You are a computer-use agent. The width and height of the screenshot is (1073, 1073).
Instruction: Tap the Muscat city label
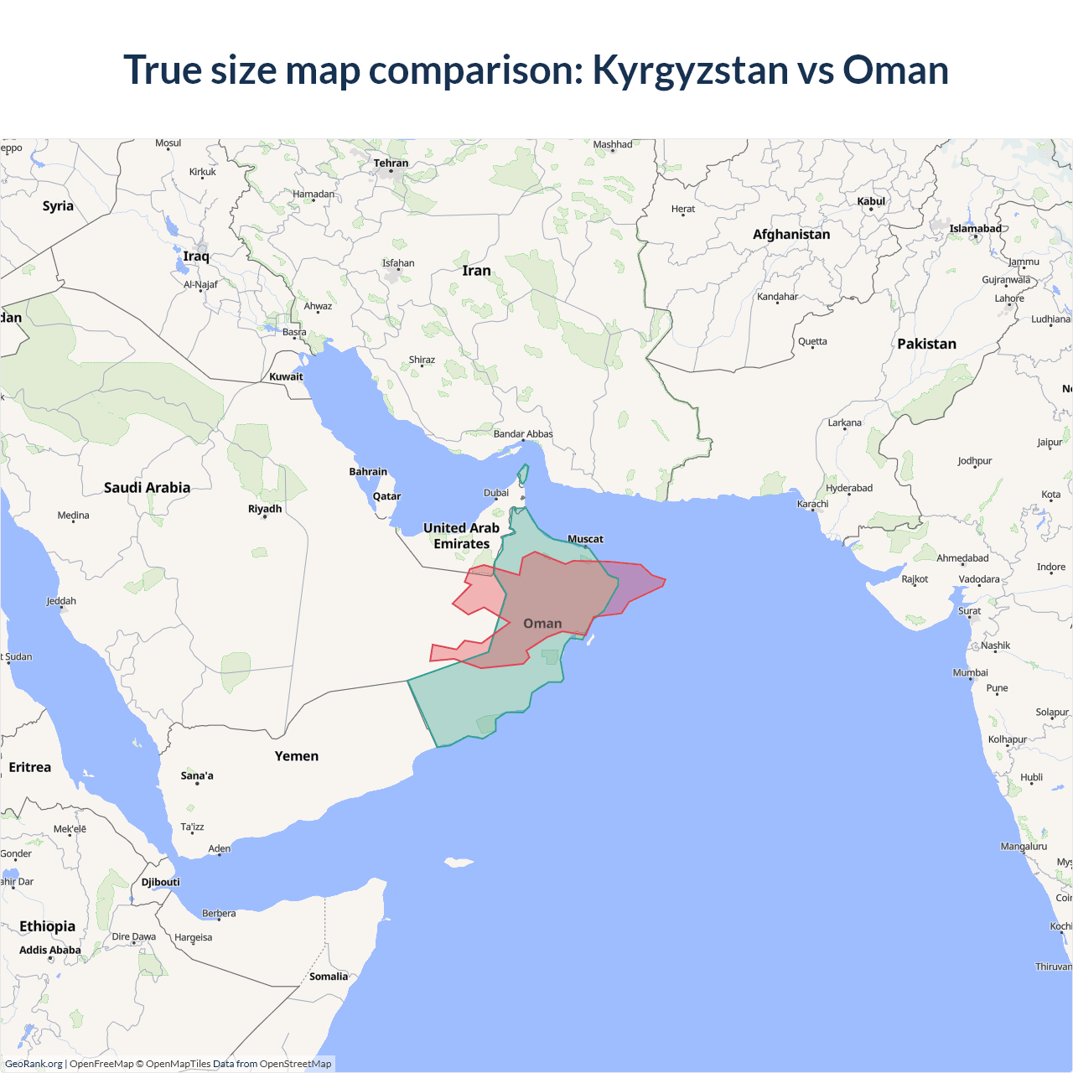(585, 539)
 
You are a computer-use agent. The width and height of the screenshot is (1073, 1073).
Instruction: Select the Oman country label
(542, 624)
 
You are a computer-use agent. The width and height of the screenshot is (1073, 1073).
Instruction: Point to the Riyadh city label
(265, 509)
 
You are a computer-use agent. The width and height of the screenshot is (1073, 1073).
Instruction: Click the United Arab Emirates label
(461, 536)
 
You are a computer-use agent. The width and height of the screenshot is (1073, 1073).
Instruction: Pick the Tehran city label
(391, 163)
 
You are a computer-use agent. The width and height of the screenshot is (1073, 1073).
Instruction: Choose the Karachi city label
(812, 504)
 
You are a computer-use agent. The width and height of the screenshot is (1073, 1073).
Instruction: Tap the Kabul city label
(871, 201)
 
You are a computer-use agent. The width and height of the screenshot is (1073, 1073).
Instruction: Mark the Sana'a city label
(197, 775)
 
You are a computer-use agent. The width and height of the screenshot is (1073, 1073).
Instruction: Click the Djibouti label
(160, 882)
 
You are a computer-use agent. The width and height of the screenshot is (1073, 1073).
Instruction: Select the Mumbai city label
(970, 672)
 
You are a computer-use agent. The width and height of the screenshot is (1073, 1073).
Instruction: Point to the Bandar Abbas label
(523, 433)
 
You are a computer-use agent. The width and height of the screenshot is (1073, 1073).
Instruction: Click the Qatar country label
(386, 496)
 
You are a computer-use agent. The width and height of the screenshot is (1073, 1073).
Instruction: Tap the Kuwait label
(286, 376)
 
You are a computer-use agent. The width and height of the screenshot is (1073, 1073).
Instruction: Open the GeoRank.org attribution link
(34, 1064)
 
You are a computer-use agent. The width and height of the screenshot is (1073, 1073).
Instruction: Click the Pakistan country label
(926, 344)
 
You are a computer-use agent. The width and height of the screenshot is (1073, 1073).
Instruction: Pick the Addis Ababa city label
(50, 950)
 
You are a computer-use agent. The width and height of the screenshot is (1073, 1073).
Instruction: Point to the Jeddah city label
(61, 601)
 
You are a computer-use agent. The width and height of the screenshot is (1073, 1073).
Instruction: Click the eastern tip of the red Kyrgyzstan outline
(665, 579)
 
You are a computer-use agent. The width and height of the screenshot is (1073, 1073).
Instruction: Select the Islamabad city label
(975, 228)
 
